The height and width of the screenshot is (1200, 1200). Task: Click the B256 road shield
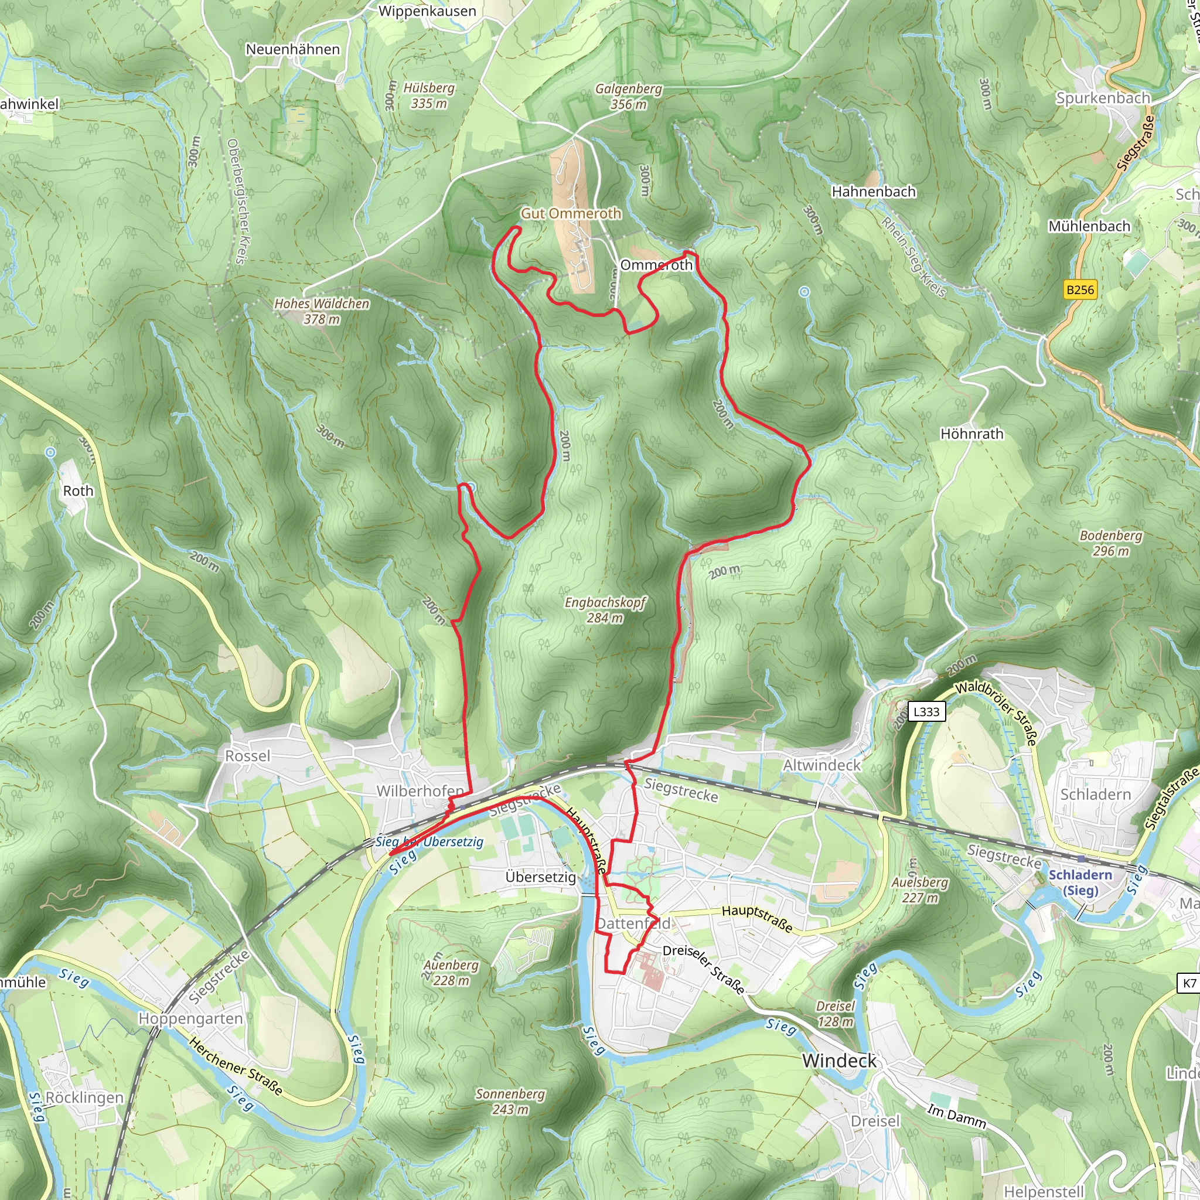(x=1079, y=289)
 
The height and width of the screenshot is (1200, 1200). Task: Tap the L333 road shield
(x=926, y=711)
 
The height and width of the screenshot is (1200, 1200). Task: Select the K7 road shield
(x=1189, y=983)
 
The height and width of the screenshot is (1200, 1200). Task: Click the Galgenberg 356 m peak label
(x=629, y=96)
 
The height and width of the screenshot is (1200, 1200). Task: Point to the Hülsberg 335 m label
(x=428, y=96)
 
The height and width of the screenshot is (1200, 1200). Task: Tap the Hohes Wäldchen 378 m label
(x=322, y=311)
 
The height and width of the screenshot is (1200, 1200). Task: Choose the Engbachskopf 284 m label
(x=605, y=609)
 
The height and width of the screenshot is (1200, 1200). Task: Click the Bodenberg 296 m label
(x=1110, y=543)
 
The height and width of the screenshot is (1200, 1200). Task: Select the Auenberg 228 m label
(x=451, y=973)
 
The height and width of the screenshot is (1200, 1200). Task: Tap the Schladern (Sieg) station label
(x=1080, y=882)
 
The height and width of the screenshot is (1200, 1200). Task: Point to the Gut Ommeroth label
(x=571, y=213)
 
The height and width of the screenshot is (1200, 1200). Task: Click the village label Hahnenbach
(x=873, y=191)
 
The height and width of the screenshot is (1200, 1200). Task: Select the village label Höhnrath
(x=971, y=434)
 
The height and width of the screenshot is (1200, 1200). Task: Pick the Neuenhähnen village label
(x=292, y=49)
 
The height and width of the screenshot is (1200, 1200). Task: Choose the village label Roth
(x=79, y=490)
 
